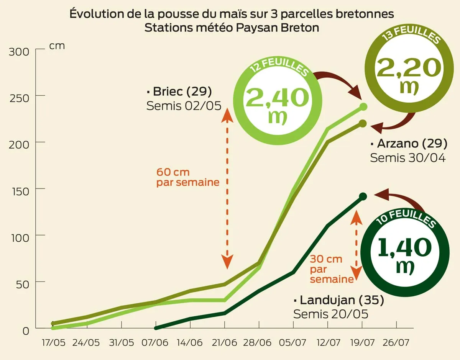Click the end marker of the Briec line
point(364,107)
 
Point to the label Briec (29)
point(179,92)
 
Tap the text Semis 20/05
point(330,314)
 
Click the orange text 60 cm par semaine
point(187,177)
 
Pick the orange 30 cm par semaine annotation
point(331,269)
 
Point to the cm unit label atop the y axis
point(57,46)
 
